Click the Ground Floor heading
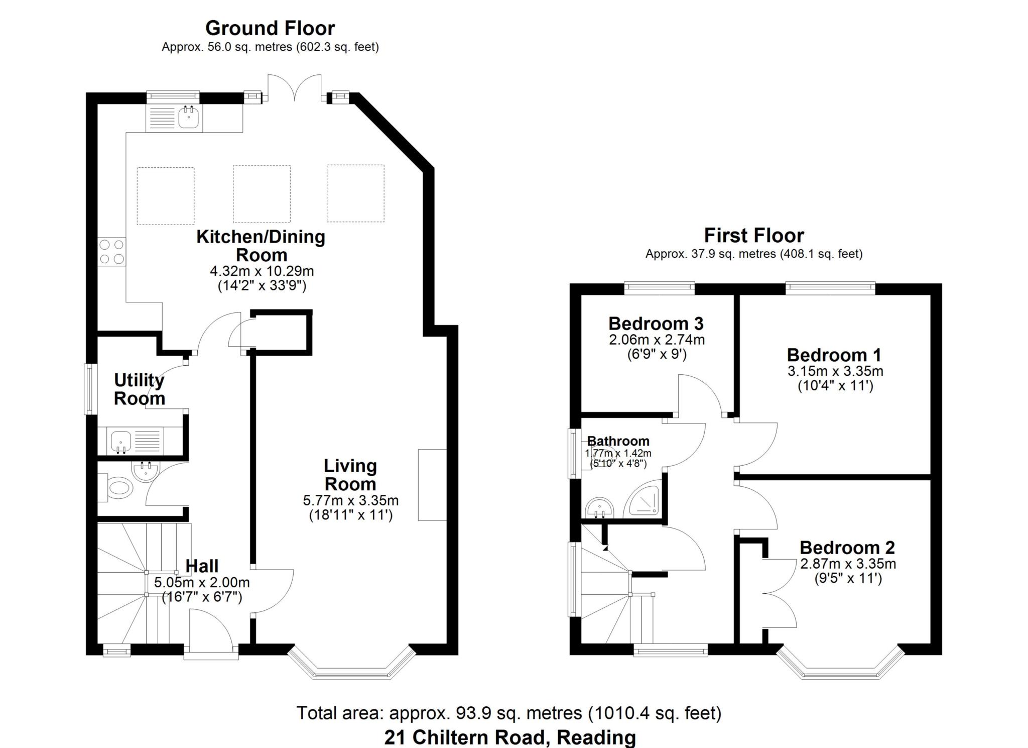coord(270,28)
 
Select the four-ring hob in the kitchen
coord(111,252)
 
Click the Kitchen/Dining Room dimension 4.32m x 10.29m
coord(262,271)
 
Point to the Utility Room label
coord(139,389)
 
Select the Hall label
coord(202,566)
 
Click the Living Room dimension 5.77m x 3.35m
coord(350,500)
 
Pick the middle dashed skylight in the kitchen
coord(262,194)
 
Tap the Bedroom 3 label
coord(656,323)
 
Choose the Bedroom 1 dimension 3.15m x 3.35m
coord(835,371)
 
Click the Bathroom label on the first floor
coord(618,441)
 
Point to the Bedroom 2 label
coord(847,547)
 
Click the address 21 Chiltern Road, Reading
coord(510,737)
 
